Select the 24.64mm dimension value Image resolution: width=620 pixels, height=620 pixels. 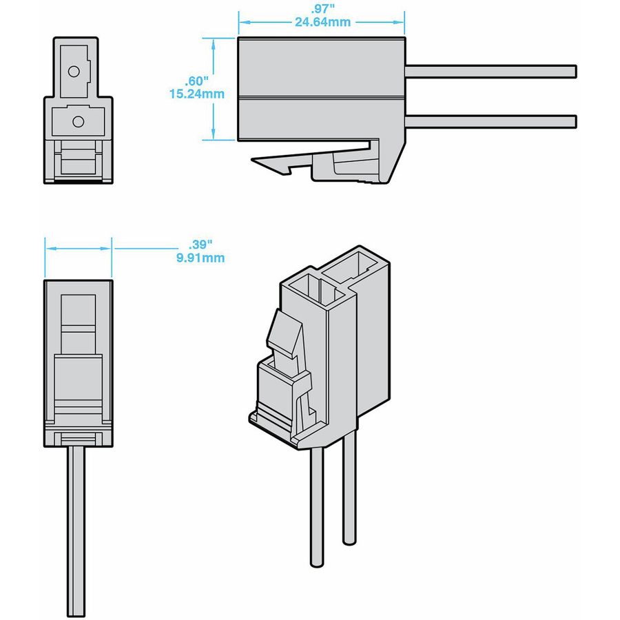click(x=322, y=21)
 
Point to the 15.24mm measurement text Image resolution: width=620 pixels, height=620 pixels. click(x=196, y=94)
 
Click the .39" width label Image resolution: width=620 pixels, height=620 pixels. click(x=200, y=245)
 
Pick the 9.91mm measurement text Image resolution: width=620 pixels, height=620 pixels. click(x=200, y=258)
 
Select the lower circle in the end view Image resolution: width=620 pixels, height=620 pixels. click(x=78, y=121)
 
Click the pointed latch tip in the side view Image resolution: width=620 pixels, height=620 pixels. click(x=256, y=161)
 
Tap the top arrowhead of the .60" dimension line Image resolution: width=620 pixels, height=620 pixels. click(x=214, y=42)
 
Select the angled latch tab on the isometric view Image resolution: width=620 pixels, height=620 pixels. click(x=284, y=334)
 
